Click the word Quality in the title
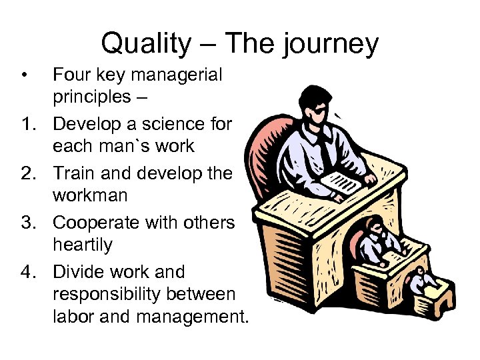tap(145, 44)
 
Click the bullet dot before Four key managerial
tap(24, 75)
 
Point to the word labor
tap(74, 317)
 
